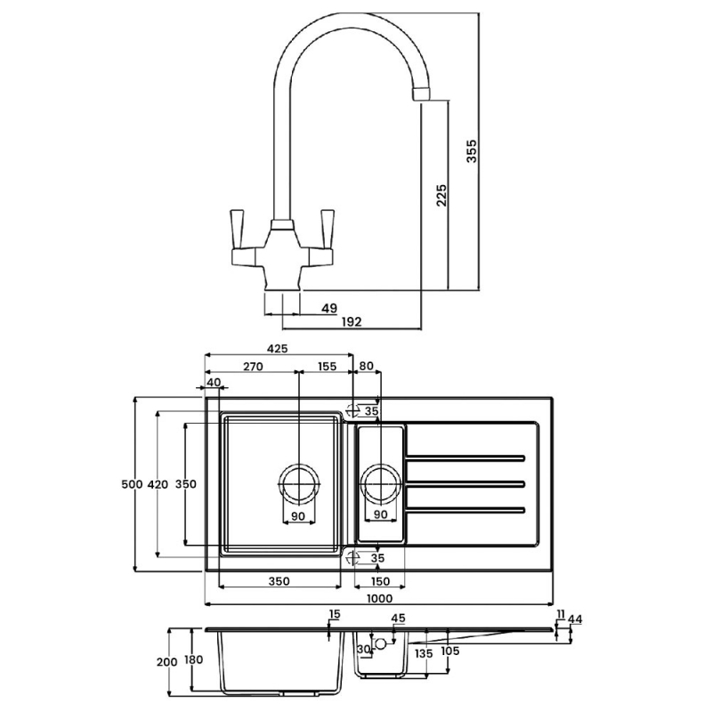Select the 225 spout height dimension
[x=441, y=195]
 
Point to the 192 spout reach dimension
[x=351, y=322]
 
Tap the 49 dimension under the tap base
[x=328, y=308]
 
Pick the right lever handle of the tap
[x=325, y=231]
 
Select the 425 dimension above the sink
[x=277, y=350]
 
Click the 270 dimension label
[x=251, y=366]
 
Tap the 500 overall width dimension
[x=131, y=484]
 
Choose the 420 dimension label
[x=157, y=484]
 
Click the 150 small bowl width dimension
[x=381, y=581]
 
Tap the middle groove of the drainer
[x=465, y=483]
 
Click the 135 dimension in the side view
[x=424, y=654]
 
